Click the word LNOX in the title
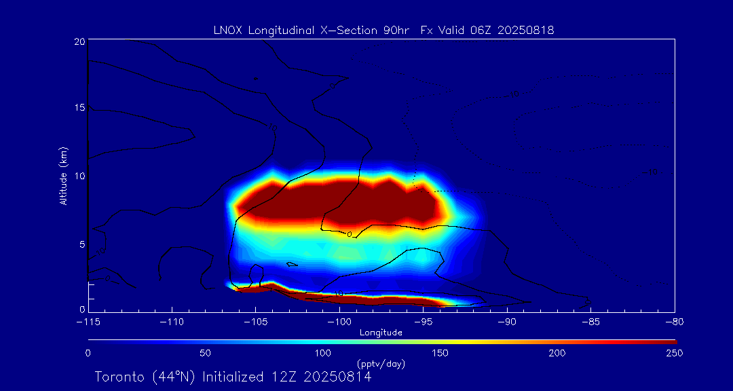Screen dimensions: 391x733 tap(227, 31)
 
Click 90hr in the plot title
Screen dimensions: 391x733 tap(395, 31)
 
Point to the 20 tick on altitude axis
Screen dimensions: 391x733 tap(79, 41)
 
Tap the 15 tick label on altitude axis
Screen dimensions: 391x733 tap(79, 108)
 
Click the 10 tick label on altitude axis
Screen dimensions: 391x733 tap(79, 176)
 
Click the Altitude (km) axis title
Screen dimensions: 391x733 tap(64, 176)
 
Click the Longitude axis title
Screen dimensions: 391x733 tap(381, 333)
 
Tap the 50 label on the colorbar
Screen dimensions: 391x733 tap(205, 353)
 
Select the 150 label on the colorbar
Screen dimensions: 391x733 tap(440, 353)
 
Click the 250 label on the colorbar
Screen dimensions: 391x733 tap(675, 353)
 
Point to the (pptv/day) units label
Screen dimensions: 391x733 tap(381, 364)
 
